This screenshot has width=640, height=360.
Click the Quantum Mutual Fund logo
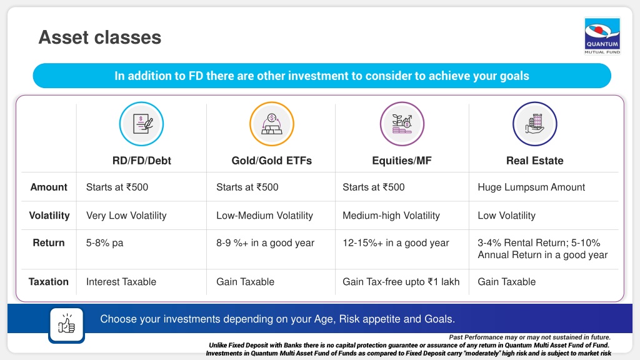coord(602,36)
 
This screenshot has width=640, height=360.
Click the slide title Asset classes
coord(100,37)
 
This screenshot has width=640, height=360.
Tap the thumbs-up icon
coord(66,325)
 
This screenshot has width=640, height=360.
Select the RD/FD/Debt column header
coord(142,161)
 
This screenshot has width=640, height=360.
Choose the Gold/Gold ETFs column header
coord(271,161)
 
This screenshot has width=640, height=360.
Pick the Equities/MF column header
coord(402,161)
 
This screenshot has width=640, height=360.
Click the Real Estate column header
coord(535,161)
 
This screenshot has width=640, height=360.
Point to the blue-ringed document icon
coord(142,124)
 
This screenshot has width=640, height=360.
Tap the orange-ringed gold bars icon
coord(272,124)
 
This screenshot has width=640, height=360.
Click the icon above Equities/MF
coord(402,124)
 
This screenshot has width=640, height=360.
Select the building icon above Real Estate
coord(535,124)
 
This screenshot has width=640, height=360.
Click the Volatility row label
coord(49,215)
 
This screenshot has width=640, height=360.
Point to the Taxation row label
coord(49,282)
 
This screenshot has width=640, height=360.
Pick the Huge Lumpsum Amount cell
coord(531,187)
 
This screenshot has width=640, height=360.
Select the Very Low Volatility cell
coord(126,216)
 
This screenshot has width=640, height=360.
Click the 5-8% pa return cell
coord(104,243)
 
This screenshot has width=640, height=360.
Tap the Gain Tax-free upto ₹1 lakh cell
coord(401,282)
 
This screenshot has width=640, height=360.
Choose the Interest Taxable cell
coord(121,282)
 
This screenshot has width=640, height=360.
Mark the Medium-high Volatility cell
coord(391,216)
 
